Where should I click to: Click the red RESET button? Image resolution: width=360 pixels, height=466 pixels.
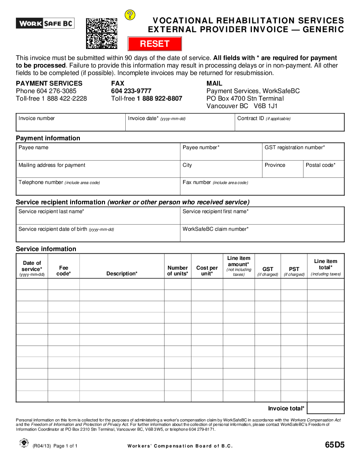coord(155,44)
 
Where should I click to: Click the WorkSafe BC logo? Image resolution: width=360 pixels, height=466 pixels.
coord(45,23)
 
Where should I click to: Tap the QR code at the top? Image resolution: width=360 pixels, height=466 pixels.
coord(101,33)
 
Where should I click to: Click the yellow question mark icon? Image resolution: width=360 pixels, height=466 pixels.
coord(130,15)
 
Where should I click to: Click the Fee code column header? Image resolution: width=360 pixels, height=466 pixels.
coord(64,271)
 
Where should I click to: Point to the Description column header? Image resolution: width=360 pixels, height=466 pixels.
coord(122,274)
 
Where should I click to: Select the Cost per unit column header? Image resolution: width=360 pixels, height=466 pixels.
coord(207,271)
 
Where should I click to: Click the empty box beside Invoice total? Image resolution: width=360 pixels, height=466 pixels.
coord(326,408)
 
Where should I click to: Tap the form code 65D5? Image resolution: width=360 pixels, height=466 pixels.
coord(334,445)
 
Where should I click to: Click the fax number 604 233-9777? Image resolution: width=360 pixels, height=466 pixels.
coord(131,91)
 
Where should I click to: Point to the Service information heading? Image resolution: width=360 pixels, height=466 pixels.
coord(46,249)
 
